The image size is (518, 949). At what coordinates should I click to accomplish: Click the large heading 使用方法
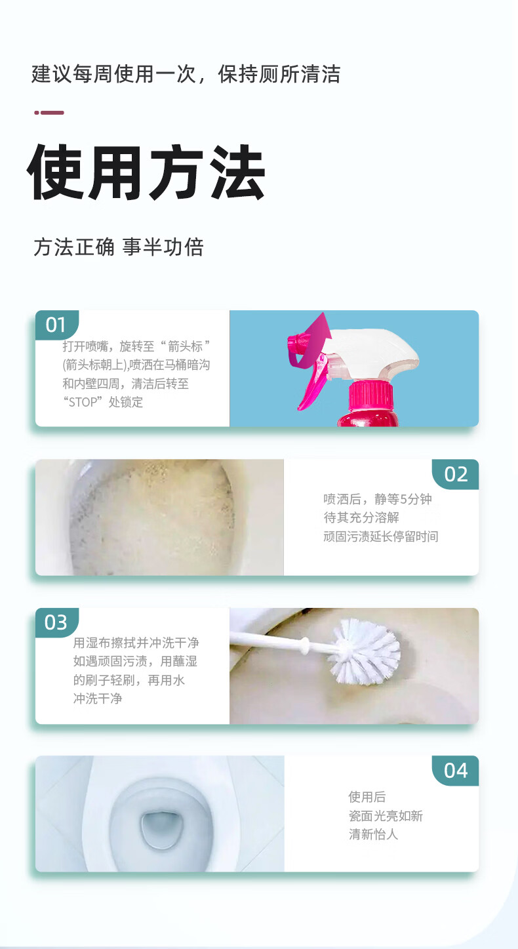[x=146, y=172]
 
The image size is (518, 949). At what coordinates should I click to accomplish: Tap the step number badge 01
[x=56, y=325]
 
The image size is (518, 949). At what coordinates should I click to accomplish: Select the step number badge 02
[x=456, y=474]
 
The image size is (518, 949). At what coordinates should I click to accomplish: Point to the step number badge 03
[x=56, y=622]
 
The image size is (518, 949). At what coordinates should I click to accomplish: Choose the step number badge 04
[x=456, y=771]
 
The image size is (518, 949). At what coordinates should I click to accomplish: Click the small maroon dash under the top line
[x=49, y=113]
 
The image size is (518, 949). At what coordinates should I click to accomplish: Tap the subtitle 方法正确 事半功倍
[x=119, y=247]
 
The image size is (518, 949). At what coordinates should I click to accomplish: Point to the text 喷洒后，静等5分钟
[x=378, y=499]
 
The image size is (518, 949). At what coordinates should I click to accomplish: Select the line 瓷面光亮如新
[x=386, y=816]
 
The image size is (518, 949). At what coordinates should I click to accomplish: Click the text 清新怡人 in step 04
[x=373, y=834]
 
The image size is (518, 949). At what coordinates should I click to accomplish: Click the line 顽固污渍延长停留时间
[x=380, y=536]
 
